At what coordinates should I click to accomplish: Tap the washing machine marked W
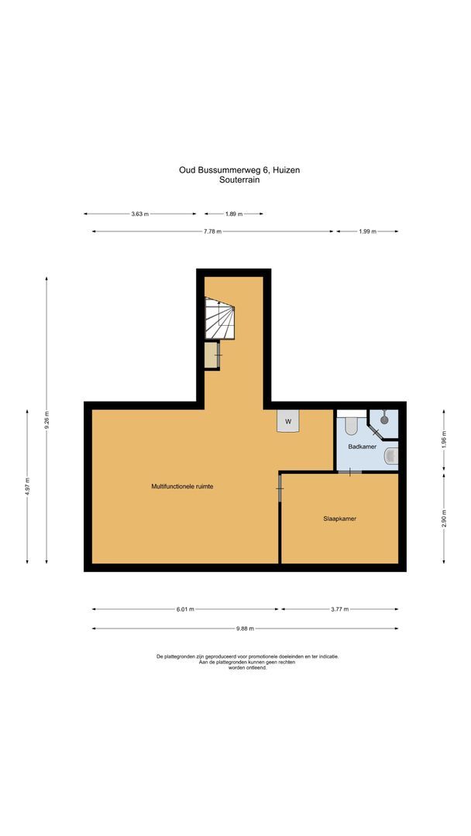pos(288,421)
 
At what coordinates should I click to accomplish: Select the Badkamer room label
pos(362,447)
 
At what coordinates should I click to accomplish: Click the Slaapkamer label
pos(339,519)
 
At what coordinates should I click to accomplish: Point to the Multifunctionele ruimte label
pos(182,486)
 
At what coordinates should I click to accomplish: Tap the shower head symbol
pos(384,419)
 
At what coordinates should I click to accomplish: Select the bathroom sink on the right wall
pos(391,456)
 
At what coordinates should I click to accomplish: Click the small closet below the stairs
pos(212,355)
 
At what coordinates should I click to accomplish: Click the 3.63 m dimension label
pos(139,214)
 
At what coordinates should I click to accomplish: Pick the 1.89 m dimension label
pos(233,214)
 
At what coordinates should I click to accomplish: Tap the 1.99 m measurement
pos(367,231)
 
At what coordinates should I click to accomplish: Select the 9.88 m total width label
pos(245,629)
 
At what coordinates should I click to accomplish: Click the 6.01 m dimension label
pos(184,609)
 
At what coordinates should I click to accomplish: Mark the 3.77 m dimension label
pos(339,609)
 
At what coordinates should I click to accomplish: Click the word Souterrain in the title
pos(245,180)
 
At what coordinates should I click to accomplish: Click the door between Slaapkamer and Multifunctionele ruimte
pos(280,487)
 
